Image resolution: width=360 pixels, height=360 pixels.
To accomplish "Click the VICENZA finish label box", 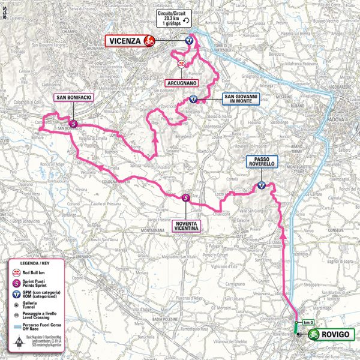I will (125, 41).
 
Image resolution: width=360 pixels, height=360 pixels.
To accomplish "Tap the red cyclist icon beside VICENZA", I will (149, 41).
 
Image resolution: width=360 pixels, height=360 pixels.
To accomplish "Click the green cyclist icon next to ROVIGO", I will (313, 337).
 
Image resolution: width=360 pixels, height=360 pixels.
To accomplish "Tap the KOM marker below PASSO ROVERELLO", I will (262, 185).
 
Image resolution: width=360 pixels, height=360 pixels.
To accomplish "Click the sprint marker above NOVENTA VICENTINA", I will (185, 197).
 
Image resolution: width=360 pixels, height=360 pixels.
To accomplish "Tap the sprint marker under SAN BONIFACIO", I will (73, 124).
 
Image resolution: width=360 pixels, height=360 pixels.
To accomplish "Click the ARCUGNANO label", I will (180, 82).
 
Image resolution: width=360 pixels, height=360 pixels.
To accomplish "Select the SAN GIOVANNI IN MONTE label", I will (239, 99).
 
